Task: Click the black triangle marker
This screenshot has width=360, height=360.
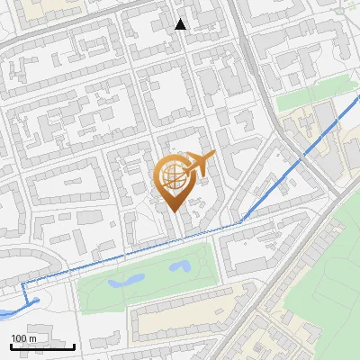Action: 181,24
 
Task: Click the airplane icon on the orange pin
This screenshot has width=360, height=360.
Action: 197,165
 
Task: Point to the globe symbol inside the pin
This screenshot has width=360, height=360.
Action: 175,175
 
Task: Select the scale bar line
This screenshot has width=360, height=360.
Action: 42,346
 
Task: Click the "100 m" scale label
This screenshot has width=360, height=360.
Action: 23,338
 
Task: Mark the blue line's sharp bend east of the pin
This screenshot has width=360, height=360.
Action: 241,220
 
